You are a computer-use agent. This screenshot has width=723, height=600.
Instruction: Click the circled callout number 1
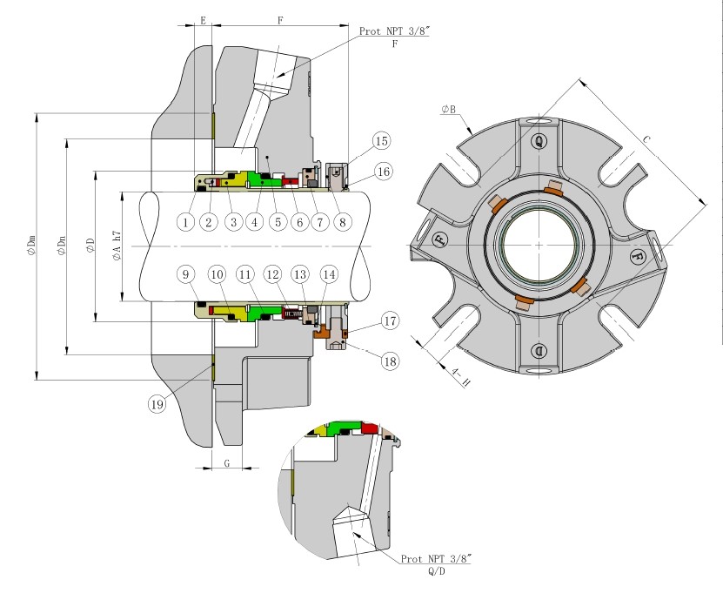click(185, 222)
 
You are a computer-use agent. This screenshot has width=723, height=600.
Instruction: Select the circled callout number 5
click(278, 222)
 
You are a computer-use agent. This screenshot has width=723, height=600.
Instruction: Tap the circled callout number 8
click(342, 222)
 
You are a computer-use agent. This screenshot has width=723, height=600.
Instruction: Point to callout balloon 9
click(185, 274)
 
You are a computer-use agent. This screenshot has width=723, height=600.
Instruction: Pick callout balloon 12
click(272, 274)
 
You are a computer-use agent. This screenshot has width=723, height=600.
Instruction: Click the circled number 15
click(382, 141)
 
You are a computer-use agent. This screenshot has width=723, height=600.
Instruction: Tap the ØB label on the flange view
click(451, 110)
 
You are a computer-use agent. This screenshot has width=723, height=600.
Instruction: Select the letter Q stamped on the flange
click(539, 140)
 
